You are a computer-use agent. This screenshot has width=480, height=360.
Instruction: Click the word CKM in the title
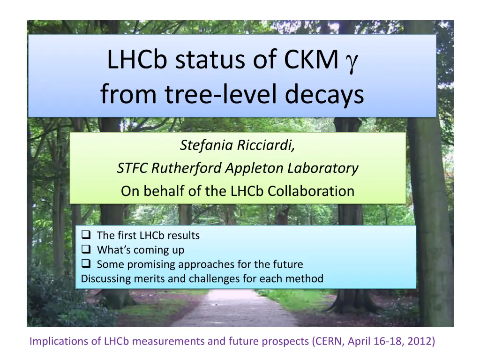tap(311, 59)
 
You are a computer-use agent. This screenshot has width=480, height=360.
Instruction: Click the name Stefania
tap(206, 145)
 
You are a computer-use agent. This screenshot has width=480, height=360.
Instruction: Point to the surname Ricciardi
tap(266, 145)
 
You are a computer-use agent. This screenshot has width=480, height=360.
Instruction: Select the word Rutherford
tap(186, 168)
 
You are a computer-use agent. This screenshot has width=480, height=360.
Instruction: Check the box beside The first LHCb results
tap(86, 234)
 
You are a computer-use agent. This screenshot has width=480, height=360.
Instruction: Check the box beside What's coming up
tap(86, 249)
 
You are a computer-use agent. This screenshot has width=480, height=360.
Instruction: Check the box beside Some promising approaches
tap(86, 263)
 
